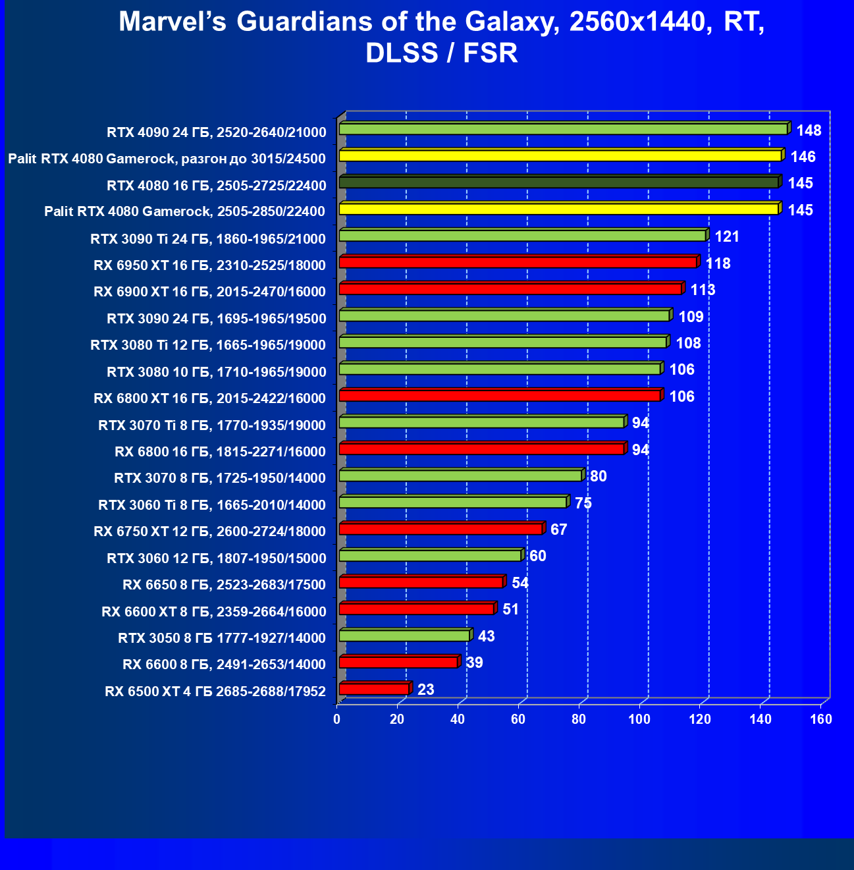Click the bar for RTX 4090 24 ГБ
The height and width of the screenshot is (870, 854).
click(563, 129)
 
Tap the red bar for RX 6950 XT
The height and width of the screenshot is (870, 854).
click(518, 263)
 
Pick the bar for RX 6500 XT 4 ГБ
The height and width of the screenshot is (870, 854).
click(374, 689)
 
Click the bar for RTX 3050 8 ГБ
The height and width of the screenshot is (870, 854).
click(404, 636)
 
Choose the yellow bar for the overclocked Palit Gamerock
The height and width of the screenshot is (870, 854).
click(560, 155)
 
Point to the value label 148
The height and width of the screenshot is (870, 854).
click(809, 130)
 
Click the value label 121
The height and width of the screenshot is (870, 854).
click(727, 236)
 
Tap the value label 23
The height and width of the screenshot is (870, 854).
click(426, 690)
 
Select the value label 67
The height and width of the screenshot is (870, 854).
click(558, 530)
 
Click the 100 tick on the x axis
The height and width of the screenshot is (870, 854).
click(639, 719)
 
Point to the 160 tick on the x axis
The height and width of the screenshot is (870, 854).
click(821, 719)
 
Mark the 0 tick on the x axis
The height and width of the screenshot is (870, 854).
click(337, 719)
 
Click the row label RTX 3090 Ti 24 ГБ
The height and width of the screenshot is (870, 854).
click(208, 238)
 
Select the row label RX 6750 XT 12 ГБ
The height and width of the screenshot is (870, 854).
click(210, 531)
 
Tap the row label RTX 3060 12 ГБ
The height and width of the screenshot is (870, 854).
click(217, 558)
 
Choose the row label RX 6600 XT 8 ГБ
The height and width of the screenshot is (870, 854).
click(214, 612)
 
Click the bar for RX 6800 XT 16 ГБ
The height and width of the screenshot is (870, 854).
click(500, 395)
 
